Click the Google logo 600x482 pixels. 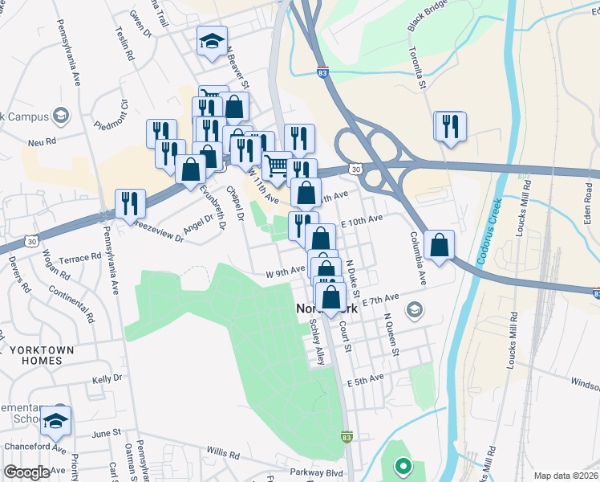click(x=26, y=472)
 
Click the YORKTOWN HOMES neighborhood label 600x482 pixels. click(x=42, y=355)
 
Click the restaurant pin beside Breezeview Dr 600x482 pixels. click(x=130, y=203)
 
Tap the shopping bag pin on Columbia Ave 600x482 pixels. click(x=440, y=245)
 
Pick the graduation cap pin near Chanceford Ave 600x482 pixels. click(x=56, y=421)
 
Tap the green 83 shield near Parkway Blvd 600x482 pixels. click(x=347, y=437)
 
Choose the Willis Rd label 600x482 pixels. click(x=222, y=455)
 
